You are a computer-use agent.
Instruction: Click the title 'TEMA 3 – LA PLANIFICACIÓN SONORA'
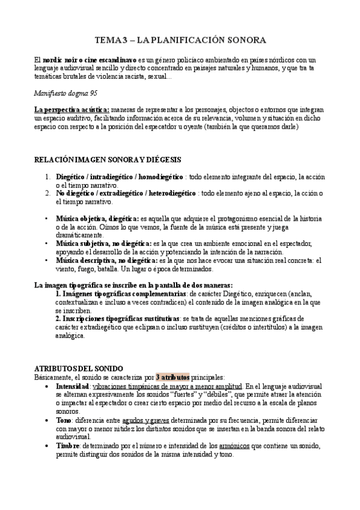[180, 40]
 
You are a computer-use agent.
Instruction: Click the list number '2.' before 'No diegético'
[47, 193]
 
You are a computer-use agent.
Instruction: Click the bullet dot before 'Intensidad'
[48, 386]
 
